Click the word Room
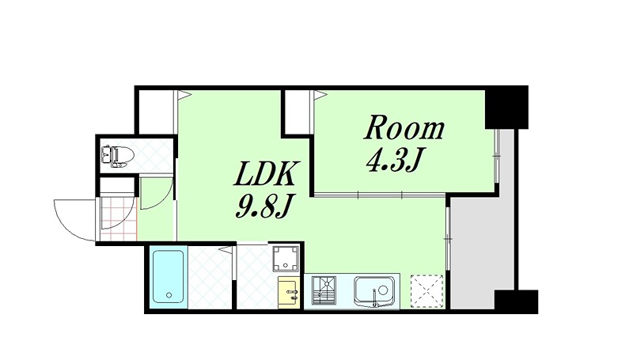coord(404,128)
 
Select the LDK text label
coord(267,174)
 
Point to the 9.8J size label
coord(263,206)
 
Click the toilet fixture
coord(117,156)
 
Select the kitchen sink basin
coord(374,291)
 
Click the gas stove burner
coord(324,290)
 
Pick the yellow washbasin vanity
coord(289,292)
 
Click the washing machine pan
coord(286,258)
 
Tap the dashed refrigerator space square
coord(426,291)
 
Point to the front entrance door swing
coord(75,221)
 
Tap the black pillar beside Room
coord(506,107)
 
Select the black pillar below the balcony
coord(516,301)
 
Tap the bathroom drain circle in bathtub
coord(169,295)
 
